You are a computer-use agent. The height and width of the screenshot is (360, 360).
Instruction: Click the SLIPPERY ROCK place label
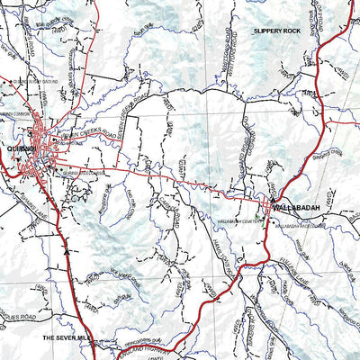(x=278, y=31)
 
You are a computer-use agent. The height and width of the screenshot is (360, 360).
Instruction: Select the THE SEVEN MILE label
(x=67, y=337)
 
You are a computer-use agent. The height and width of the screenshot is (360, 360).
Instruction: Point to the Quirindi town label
(x=19, y=148)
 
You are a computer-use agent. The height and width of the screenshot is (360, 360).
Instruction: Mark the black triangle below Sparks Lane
(x=68, y=253)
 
